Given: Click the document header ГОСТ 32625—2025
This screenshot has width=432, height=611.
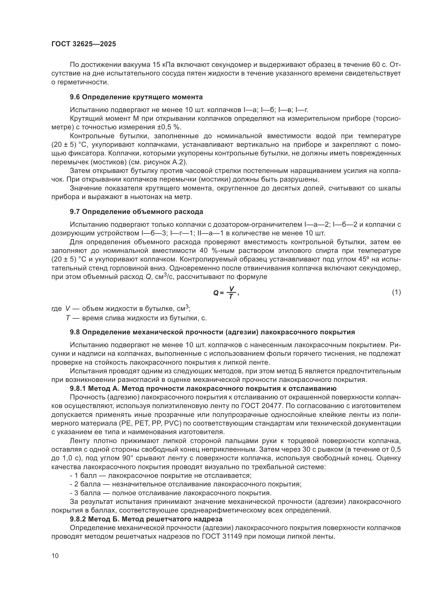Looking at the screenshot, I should tap(84, 44).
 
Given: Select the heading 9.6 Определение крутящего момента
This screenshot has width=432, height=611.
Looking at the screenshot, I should tap(136, 97).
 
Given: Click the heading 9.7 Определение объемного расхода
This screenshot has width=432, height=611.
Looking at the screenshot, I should tap(136, 212).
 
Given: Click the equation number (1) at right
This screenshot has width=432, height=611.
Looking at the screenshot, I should tap(396, 292).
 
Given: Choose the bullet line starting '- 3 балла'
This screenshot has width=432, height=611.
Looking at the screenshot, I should tap(170, 493).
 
